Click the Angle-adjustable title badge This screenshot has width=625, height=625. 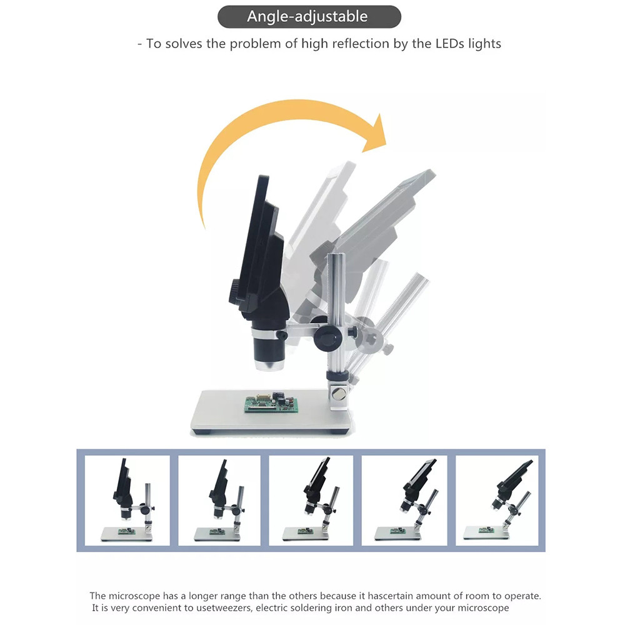pyautogui.click(x=309, y=17)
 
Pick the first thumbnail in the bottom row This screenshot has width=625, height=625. pyautogui.click(x=127, y=500)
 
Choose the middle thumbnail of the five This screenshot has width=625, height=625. pyautogui.click(x=311, y=500)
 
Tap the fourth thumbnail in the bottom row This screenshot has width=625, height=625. pyautogui.click(x=404, y=500)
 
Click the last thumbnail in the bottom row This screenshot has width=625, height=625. pyautogui.click(x=497, y=500)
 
